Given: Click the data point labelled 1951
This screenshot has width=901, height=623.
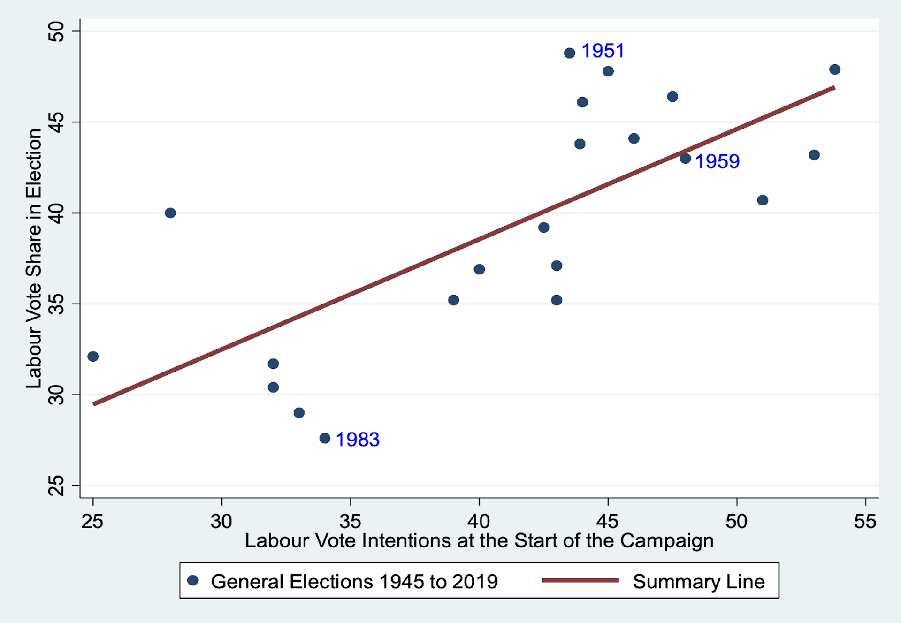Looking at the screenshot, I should click(x=569, y=53).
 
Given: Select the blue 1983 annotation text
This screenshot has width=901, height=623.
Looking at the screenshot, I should click(x=357, y=440).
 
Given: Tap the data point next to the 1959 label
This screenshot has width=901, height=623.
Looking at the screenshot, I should click(x=685, y=159).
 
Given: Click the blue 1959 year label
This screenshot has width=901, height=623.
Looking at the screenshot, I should click(x=717, y=161).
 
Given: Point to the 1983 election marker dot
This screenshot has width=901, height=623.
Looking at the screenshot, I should click(x=325, y=438).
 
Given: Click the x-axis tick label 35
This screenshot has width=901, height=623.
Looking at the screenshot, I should click(x=350, y=521).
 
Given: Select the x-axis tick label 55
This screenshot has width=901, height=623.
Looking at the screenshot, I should click(x=865, y=521).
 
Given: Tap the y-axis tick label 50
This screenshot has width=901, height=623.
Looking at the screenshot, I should click(x=57, y=31).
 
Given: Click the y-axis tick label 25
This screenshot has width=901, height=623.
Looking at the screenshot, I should click(x=57, y=486).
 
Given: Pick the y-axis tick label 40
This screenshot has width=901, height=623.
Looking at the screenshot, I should click(x=57, y=213).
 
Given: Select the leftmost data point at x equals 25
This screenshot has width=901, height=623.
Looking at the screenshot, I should click(x=93, y=357).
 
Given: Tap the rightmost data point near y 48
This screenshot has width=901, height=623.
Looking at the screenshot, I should click(x=835, y=69).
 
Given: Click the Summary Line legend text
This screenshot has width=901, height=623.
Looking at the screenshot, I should click(x=698, y=582).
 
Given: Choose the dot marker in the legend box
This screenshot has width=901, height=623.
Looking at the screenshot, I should click(x=193, y=581).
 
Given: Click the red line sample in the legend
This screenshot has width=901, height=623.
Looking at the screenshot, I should click(x=580, y=581).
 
